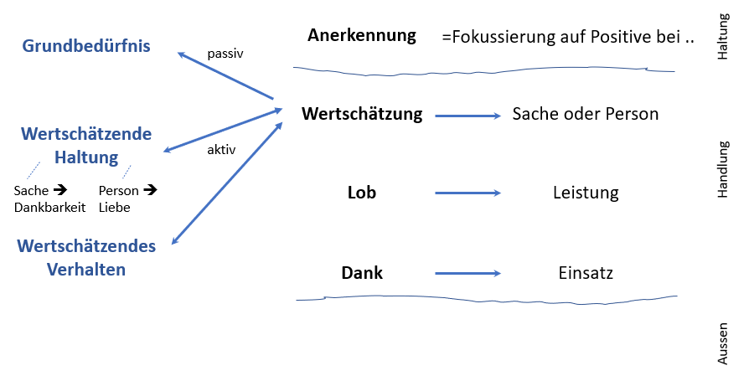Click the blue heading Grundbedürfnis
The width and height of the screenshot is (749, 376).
(x=86, y=46)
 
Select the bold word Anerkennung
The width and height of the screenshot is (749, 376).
(x=361, y=35)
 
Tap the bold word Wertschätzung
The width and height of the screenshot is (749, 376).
(x=362, y=113)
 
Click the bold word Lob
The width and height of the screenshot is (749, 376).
(x=362, y=193)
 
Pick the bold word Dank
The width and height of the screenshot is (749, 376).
(x=362, y=272)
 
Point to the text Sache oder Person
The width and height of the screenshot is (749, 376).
(x=585, y=113)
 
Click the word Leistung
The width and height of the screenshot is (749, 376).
(x=585, y=193)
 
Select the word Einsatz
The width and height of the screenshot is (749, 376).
(x=585, y=273)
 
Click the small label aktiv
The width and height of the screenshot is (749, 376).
(x=221, y=151)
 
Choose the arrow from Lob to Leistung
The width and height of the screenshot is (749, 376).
(x=467, y=193)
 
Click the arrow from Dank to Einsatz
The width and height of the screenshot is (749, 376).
(x=467, y=273)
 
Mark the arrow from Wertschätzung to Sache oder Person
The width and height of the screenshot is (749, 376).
(x=467, y=115)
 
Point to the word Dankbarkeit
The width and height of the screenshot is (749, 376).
(x=49, y=207)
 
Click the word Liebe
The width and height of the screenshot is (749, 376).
(x=114, y=207)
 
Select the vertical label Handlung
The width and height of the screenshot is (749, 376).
(x=723, y=168)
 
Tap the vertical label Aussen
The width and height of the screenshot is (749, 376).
(x=723, y=344)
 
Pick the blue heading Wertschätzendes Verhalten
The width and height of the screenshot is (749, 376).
(x=87, y=257)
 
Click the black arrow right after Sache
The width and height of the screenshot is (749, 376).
(x=60, y=190)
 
